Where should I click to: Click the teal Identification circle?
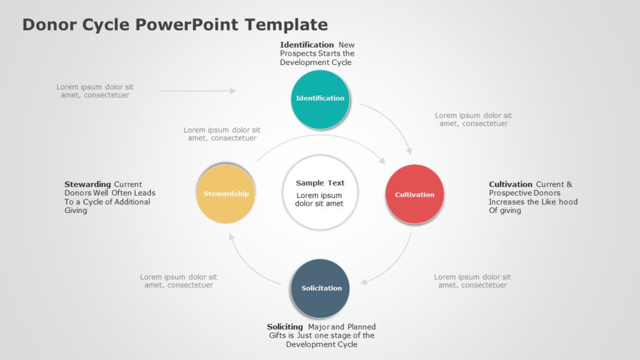[x=320, y=99]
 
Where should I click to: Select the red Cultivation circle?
[x=414, y=194]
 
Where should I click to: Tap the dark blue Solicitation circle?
[x=321, y=288]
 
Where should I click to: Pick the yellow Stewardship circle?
[x=226, y=194]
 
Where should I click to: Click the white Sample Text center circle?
[x=319, y=192]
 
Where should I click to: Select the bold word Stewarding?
[x=87, y=184]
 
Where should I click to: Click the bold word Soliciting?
[x=285, y=327]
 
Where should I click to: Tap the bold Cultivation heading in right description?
[x=511, y=184]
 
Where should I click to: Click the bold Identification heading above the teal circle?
[x=307, y=45]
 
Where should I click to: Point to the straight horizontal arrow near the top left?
[x=197, y=91]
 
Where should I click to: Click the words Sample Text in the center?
[x=320, y=183]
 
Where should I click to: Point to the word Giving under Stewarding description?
[x=76, y=211]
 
